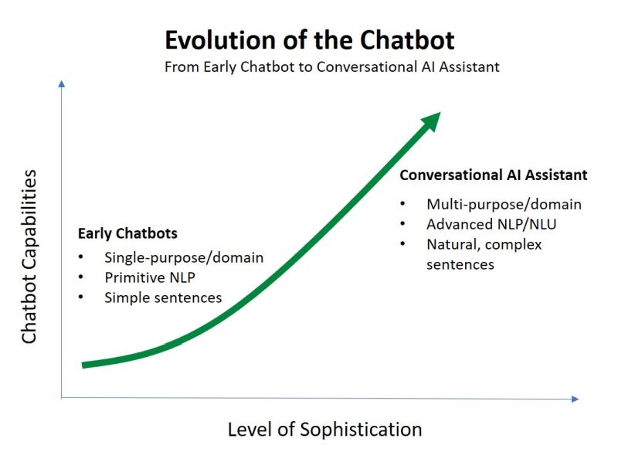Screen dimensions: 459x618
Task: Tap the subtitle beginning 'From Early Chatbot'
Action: pyautogui.click(x=332, y=66)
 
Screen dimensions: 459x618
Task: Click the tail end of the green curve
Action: pyautogui.click(x=84, y=364)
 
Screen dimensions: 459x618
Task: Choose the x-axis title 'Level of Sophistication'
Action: pyautogui.click(x=324, y=430)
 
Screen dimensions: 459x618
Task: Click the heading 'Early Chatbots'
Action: pyautogui.click(x=127, y=233)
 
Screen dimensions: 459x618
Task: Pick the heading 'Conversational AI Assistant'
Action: pyautogui.click(x=493, y=175)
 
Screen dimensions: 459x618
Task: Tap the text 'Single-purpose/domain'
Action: pyautogui.click(x=184, y=257)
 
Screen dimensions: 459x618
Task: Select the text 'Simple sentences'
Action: pyautogui.click(x=163, y=297)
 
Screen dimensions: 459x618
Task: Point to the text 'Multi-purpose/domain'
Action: pyautogui.click(x=504, y=205)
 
